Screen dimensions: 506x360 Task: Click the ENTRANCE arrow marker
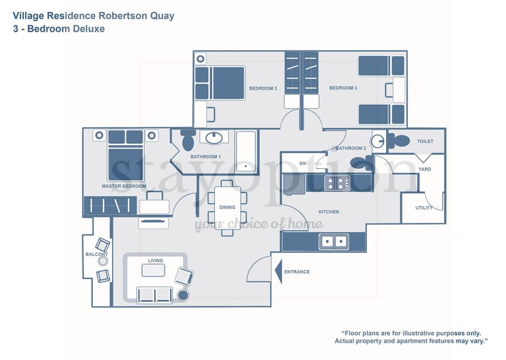pyautogui.click(x=279, y=272)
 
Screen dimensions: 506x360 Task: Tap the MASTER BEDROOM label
pyautogui.click(x=124, y=187)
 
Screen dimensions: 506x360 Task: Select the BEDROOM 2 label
pyautogui.click(x=263, y=88)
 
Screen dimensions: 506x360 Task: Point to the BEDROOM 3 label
pyautogui.click(x=343, y=88)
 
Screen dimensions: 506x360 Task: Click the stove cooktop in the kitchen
pyautogui.click(x=337, y=183)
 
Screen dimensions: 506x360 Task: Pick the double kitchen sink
pyautogui.click(x=333, y=241)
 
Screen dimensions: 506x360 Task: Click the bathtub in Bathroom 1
pyautogui.click(x=246, y=151)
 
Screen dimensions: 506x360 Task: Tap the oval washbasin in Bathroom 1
pyautogui.click(x=214, y=138)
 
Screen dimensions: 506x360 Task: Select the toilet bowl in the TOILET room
pyautogui.click(x=399, y=141)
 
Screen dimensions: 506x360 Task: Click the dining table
pyautogui.click(x=227, y=208)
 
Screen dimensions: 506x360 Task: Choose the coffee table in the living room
pyautogui.click(x=154, y=270)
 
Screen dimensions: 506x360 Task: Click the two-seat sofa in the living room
pyautogui.click(x=155, y=295)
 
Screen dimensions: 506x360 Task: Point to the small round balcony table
pyautogui.click(x=103, y=261)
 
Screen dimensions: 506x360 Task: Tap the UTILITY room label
pyautogui.click(x=424, y=208)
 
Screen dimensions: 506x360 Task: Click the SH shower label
pyautogui.click(x=302, y=164)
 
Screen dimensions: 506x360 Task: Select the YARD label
pyautogui.click(x=425, y=169)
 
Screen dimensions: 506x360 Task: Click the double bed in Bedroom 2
pyautogui.click(x=219, y=83)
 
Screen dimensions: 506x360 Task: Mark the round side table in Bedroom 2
pyautogui.click(x=200, y=59)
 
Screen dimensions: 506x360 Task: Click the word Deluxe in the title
pyautogui.click(x=89, y=29)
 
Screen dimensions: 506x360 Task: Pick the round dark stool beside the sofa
pyautogui.click(x=183, y=295)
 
